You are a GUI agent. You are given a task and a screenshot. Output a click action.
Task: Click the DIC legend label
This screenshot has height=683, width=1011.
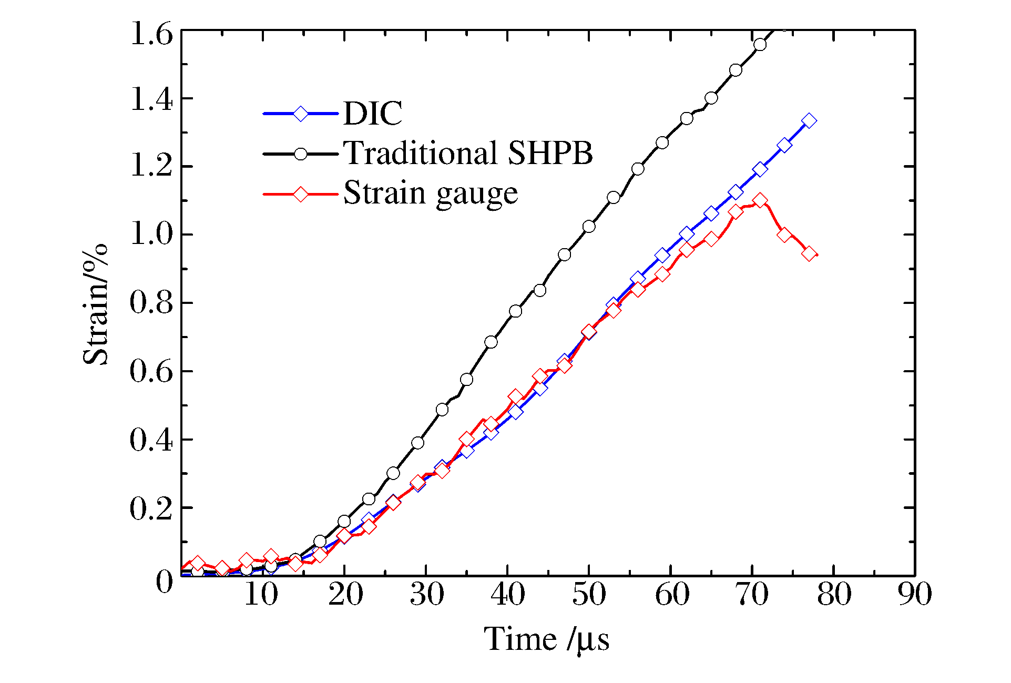tap(373, 113)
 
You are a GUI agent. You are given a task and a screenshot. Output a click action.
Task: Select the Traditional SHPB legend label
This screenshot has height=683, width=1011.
tap(468, 153)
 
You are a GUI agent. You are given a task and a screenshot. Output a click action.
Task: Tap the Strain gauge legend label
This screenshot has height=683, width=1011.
tap(431, 193)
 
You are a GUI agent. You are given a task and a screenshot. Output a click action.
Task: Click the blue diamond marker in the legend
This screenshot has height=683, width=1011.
tap(300, 114)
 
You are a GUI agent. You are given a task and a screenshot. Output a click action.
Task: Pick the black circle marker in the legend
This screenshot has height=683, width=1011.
tap(300, 154)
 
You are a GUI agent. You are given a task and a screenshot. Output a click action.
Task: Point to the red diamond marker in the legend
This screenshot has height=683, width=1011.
tap(300, 194)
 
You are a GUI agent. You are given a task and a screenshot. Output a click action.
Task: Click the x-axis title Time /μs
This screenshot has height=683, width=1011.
tap(547, 640)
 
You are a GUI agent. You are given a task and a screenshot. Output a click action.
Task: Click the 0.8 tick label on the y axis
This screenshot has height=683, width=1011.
tap(151, 303)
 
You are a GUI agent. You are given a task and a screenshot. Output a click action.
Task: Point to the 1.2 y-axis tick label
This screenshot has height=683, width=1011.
tap(151, 167)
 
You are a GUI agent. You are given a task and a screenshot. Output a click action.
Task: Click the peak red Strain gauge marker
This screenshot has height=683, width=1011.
tap(760, 200)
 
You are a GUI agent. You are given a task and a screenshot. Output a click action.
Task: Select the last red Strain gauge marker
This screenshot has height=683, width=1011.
tap(809, 254)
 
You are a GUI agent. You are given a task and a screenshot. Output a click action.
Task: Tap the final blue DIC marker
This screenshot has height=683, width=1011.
tap(809, 121)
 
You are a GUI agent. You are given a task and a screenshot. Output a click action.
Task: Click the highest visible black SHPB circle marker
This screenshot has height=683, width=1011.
tap(760, 45)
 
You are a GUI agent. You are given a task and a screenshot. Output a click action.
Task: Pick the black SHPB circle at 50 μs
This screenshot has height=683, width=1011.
tap(589, 227)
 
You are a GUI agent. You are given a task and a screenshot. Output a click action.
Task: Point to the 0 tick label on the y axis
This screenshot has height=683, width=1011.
tap(164, 582)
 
